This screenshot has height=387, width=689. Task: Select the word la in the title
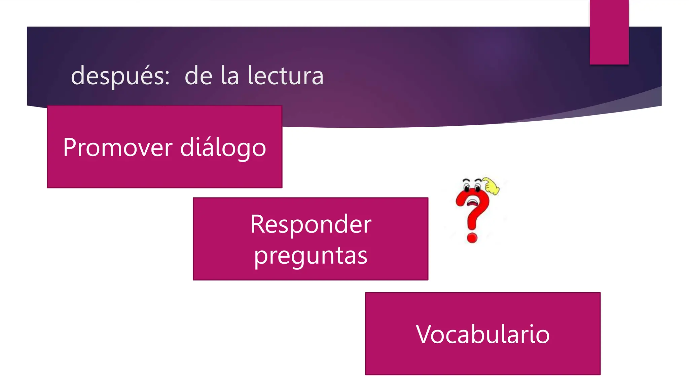click(230, 76)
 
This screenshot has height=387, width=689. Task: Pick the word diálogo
click(223, 148)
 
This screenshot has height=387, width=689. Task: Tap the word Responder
click(311, 224)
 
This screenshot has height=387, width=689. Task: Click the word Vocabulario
click(483, 334)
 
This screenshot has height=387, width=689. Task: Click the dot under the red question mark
click(472, 238)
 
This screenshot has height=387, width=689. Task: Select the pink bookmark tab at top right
click(609, 32)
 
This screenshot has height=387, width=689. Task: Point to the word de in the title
click(198, 76)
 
